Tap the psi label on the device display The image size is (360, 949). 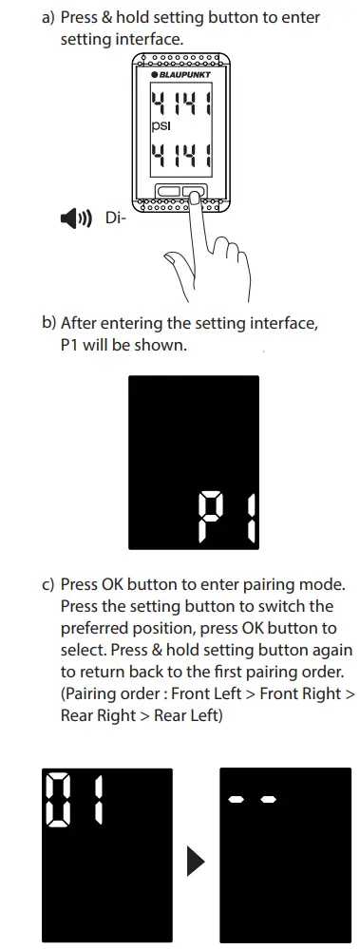tap(160, 123)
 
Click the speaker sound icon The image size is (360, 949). tap(75, 219)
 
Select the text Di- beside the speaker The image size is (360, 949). tap(115, 219)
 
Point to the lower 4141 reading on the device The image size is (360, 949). tap(180, 151)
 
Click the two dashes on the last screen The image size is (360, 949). tap(252, 800)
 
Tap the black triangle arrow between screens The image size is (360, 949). tap(195, 861)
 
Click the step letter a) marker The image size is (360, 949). tap(49, 18)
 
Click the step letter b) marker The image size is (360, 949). tap(49, 324)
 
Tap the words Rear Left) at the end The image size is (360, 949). tap(188, 715)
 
